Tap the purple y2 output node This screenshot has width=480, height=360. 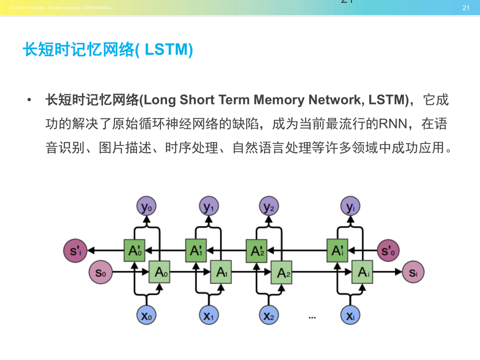[269, 207]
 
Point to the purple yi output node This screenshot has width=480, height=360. [350, 207]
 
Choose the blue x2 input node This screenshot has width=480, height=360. [269, 316]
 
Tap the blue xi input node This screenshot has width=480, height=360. [350, 316]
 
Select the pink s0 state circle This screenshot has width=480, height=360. [101, 272]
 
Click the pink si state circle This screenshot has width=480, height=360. [413, 272]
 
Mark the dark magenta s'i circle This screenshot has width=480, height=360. [75, 251]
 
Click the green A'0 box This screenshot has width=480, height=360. [135, 251]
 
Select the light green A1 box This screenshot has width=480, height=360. [221, 272]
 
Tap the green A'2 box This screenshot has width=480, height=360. [256, 251]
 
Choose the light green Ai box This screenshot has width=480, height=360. [362, 272]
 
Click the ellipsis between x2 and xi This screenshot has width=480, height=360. [312, 318]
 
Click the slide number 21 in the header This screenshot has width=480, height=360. [466, 8]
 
